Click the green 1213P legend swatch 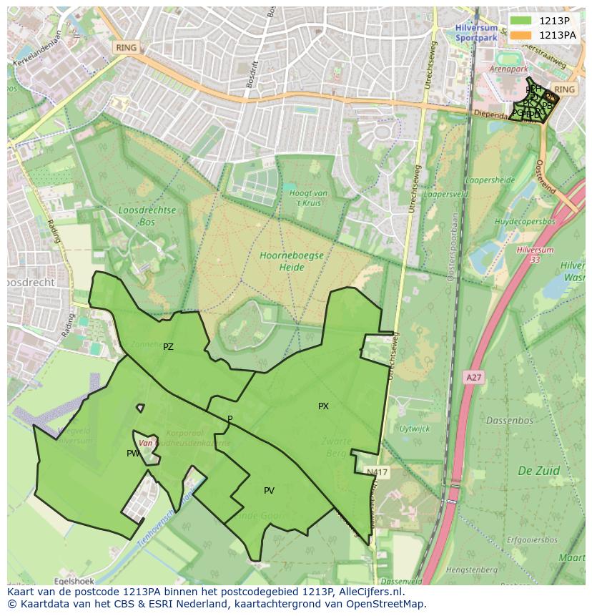point(521,21)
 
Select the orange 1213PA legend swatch point(521,35)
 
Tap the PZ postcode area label point(168,347)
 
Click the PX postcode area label point(323,406)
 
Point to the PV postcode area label point(269,491)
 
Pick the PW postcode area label point(133,454)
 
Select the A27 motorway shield point(473,377)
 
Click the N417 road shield point(376,473)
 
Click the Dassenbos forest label point(510,421)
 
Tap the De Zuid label point(538,471)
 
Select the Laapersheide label point(490,180)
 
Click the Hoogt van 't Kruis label point(309,197)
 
